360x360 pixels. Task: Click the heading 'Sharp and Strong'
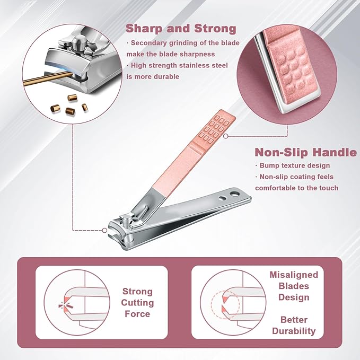click(181, 29)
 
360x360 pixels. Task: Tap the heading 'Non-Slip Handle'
click(306, 152)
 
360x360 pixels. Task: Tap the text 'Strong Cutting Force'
click(137, 303)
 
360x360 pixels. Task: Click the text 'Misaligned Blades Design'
click(294, 286)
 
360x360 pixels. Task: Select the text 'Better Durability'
click(294, 326)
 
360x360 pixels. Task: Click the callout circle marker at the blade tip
click(104, 230)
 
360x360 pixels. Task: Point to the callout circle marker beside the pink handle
click(226, 136)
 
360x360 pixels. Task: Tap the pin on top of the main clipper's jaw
click(125, 220)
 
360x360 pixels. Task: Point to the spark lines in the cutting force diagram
click(66, 305)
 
